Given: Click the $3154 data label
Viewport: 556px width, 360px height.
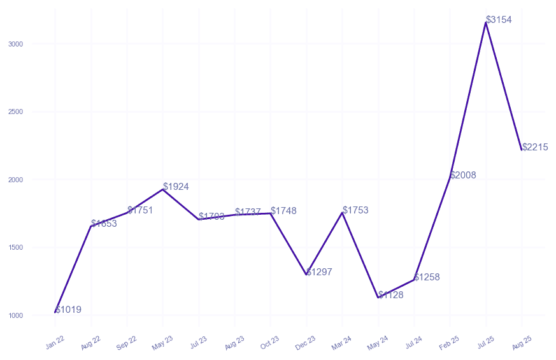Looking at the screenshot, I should [499, 20].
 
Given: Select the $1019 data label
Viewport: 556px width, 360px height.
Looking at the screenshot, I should [68, 310].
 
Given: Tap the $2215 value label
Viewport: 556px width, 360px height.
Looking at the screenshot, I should [535, 147].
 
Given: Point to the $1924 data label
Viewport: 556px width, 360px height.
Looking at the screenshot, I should [176, 187].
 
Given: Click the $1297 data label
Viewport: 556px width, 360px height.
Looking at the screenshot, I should [319, 272].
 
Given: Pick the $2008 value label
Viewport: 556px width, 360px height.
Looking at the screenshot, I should [463, 175].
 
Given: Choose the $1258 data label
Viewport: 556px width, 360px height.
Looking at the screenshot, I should [427, 277].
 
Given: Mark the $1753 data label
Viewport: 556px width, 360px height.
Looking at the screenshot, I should [355, 210].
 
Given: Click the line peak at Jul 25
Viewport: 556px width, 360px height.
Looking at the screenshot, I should [486, 22].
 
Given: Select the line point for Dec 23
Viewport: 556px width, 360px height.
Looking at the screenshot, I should [306, 275].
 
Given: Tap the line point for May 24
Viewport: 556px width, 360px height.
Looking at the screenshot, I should [378, 298].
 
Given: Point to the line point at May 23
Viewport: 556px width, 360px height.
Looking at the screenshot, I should [163, 189].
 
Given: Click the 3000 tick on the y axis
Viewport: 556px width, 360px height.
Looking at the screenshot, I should [16, 44].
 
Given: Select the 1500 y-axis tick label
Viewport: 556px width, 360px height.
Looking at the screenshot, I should [16, 248].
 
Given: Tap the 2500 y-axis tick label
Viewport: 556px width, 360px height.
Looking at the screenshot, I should [16, 112].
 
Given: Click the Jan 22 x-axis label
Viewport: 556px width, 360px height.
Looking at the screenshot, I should [55, 343].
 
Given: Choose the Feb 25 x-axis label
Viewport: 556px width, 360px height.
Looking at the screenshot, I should [450, 343].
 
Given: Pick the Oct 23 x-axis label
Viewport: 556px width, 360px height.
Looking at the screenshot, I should [270, 343].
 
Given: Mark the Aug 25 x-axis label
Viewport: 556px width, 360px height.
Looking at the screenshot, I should [522, 343].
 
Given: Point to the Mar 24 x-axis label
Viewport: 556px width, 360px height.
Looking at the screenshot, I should [342, 343].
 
